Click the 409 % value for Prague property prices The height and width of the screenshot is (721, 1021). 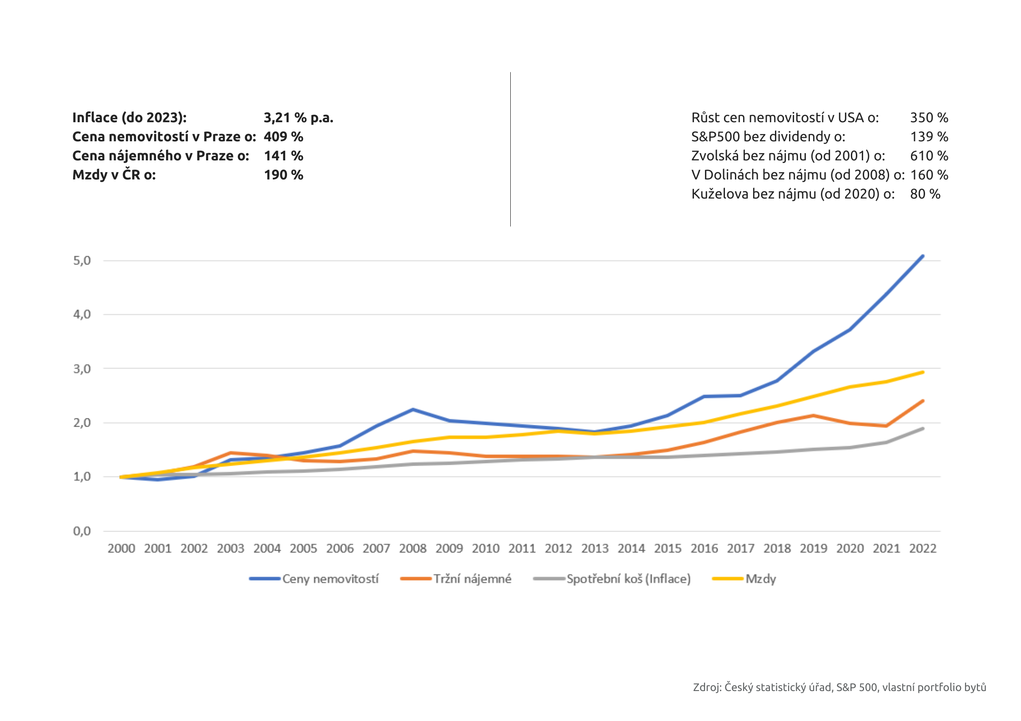point(283,137)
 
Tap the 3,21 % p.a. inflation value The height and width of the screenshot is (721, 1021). point(298,118)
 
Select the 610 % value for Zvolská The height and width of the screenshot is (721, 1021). point(929,156)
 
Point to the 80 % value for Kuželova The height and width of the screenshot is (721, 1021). point(925,194)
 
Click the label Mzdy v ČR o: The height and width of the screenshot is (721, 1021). point(114,175)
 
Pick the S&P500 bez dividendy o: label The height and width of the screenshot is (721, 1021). point(768,137)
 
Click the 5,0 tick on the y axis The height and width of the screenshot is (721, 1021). point(82,261)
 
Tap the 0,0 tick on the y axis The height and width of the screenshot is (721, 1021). point(82,531)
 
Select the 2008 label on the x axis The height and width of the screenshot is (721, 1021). point(412,549)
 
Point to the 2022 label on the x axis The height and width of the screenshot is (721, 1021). point(922,549)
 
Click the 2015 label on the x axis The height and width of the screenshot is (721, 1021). point(668,549)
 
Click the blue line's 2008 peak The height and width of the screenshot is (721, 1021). point(412,409)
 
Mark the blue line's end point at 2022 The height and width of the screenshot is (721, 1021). point(922,256)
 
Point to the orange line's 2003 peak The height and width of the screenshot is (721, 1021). point(231,452)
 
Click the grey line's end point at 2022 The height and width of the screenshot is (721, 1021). point(922,428)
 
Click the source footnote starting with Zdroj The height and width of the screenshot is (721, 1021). point(839,687)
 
